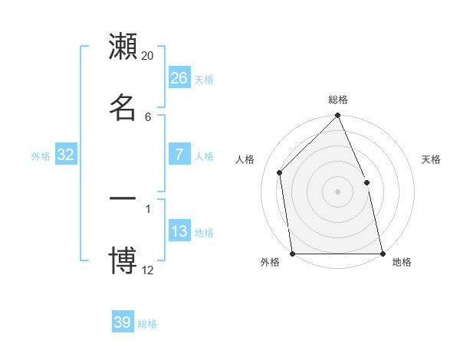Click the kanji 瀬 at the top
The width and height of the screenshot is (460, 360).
[x=123, y=47]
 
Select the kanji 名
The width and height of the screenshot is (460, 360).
[x=123, y=107]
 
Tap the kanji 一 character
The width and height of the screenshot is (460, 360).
[x=123, y=198]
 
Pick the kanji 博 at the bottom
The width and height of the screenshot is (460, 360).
[x=123, y=259]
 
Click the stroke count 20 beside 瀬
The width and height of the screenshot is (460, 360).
[x=148, y=56]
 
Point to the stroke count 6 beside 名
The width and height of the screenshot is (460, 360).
[x=148, y=116]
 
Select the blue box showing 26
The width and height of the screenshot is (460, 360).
[x=179, y=78]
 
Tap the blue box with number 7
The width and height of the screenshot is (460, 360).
[x=179, y=155]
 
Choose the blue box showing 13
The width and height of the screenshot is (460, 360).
[x=179, y=231]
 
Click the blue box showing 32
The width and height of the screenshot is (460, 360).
[x=66, y=155]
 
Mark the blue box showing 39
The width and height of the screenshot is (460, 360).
[x=123, y=322]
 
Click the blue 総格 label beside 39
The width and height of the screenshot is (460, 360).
[x=148, y=324]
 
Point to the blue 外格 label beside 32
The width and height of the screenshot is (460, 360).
[x=41, y=156]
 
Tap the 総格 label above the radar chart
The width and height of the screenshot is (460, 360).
[x=338, y=100]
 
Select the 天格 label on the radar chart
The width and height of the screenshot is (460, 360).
[x=432, y=159]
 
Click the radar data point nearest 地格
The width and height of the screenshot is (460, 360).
[x=382, y=253]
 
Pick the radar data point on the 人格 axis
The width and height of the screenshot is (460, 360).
[x=280, y=172]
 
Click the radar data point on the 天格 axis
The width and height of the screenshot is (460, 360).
[x=366, y=182]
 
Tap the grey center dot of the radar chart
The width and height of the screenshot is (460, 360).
[x=338, y=191]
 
